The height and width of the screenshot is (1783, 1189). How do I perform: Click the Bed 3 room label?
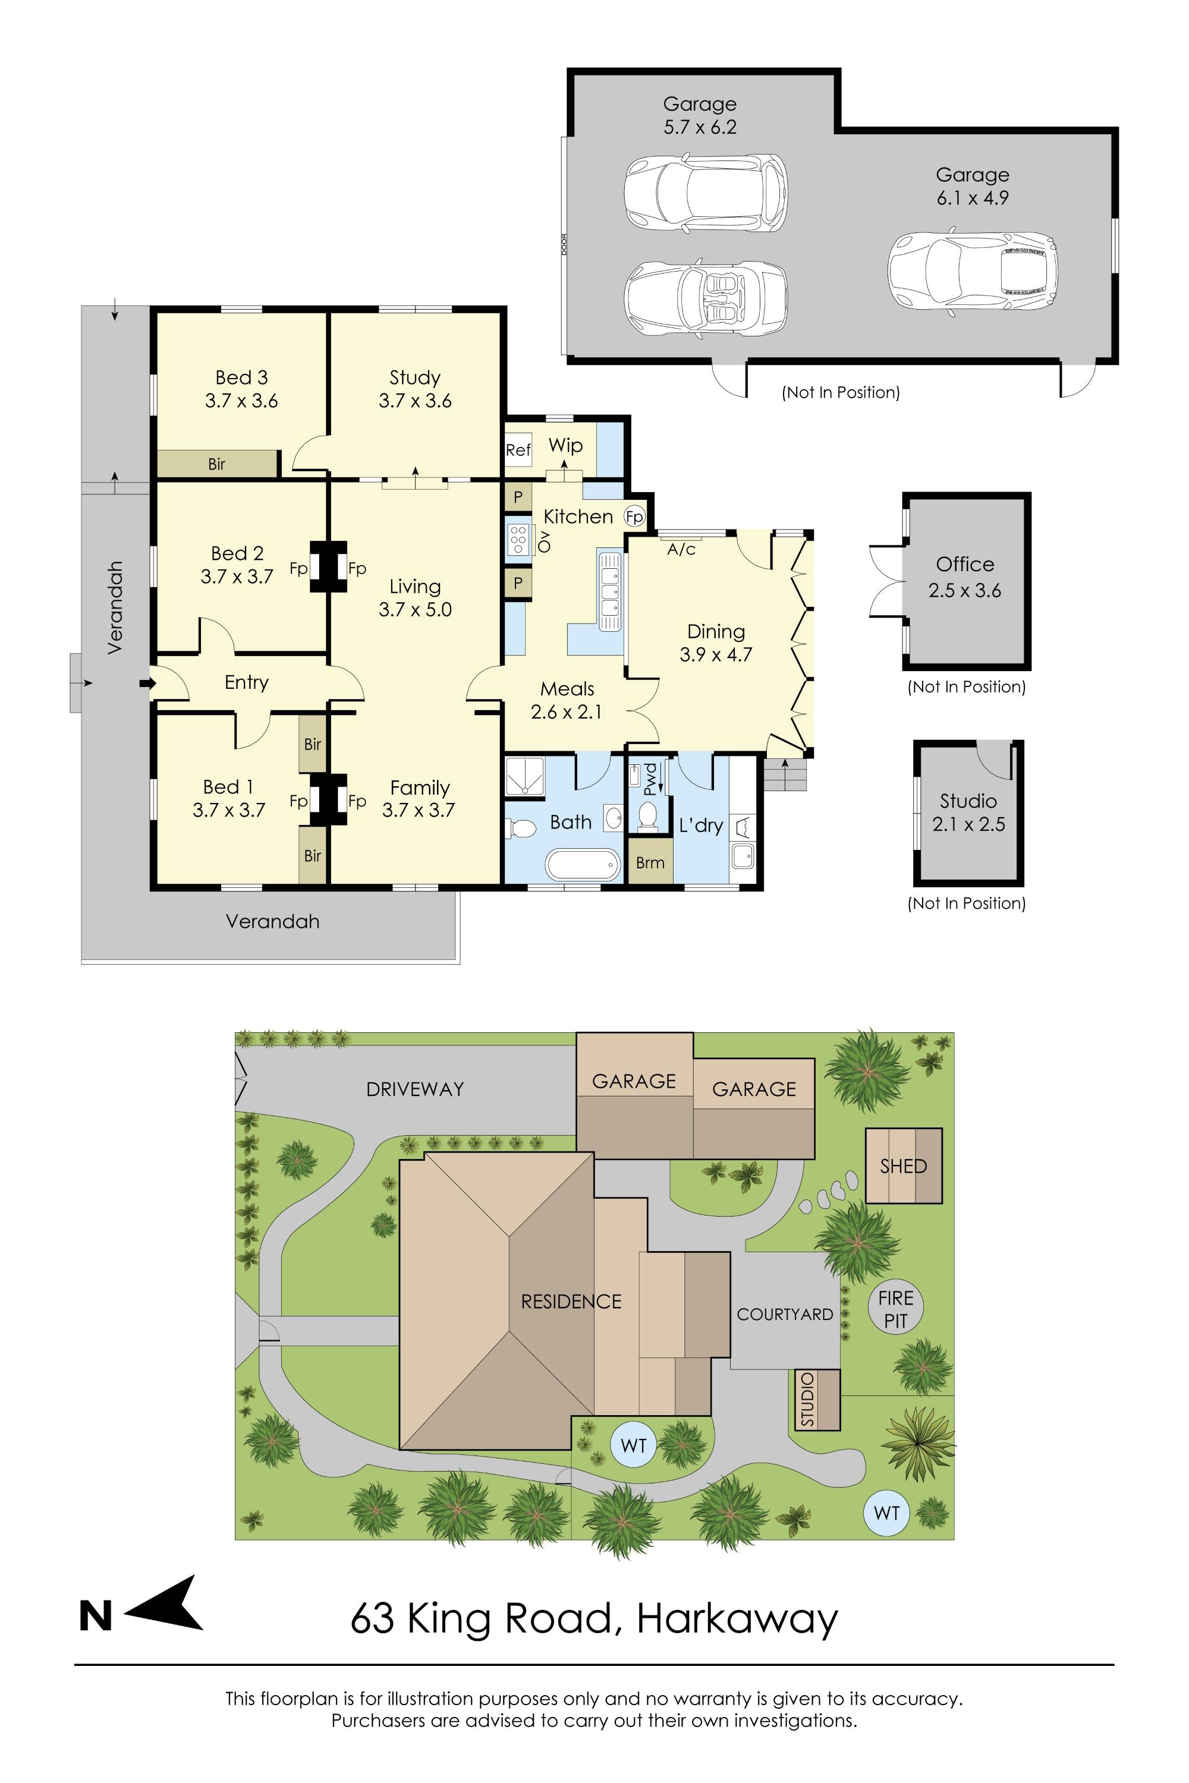241,377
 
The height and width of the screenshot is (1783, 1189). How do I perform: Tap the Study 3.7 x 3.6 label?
415,389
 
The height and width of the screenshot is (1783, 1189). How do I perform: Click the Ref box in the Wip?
518,449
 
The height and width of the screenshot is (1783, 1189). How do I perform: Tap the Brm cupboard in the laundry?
650,862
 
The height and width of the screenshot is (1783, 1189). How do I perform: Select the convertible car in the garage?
704,298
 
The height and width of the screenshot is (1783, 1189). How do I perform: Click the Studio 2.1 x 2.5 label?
968,812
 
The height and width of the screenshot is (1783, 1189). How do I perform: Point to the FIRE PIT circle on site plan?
895,1309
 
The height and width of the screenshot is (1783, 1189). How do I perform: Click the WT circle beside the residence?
633,1445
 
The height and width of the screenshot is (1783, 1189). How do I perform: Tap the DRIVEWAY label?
415,1089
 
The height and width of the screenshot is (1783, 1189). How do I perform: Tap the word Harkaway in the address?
737,1618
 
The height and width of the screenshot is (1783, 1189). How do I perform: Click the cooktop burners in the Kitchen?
518,539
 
